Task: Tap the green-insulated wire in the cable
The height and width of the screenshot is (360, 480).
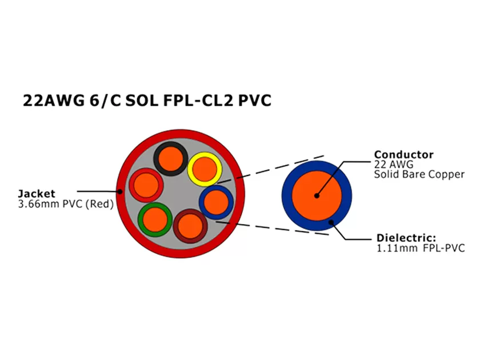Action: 154,218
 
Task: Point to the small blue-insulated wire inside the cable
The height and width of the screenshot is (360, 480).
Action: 216,202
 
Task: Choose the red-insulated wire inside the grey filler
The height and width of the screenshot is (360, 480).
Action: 145,184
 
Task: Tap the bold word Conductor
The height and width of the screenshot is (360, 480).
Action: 403,154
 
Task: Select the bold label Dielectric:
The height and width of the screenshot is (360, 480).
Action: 406,238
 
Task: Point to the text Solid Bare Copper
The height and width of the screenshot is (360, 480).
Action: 419,174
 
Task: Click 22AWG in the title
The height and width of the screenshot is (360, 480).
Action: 52,101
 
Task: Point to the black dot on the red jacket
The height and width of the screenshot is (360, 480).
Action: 121,191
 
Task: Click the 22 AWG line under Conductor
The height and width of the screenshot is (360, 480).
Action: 389,164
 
